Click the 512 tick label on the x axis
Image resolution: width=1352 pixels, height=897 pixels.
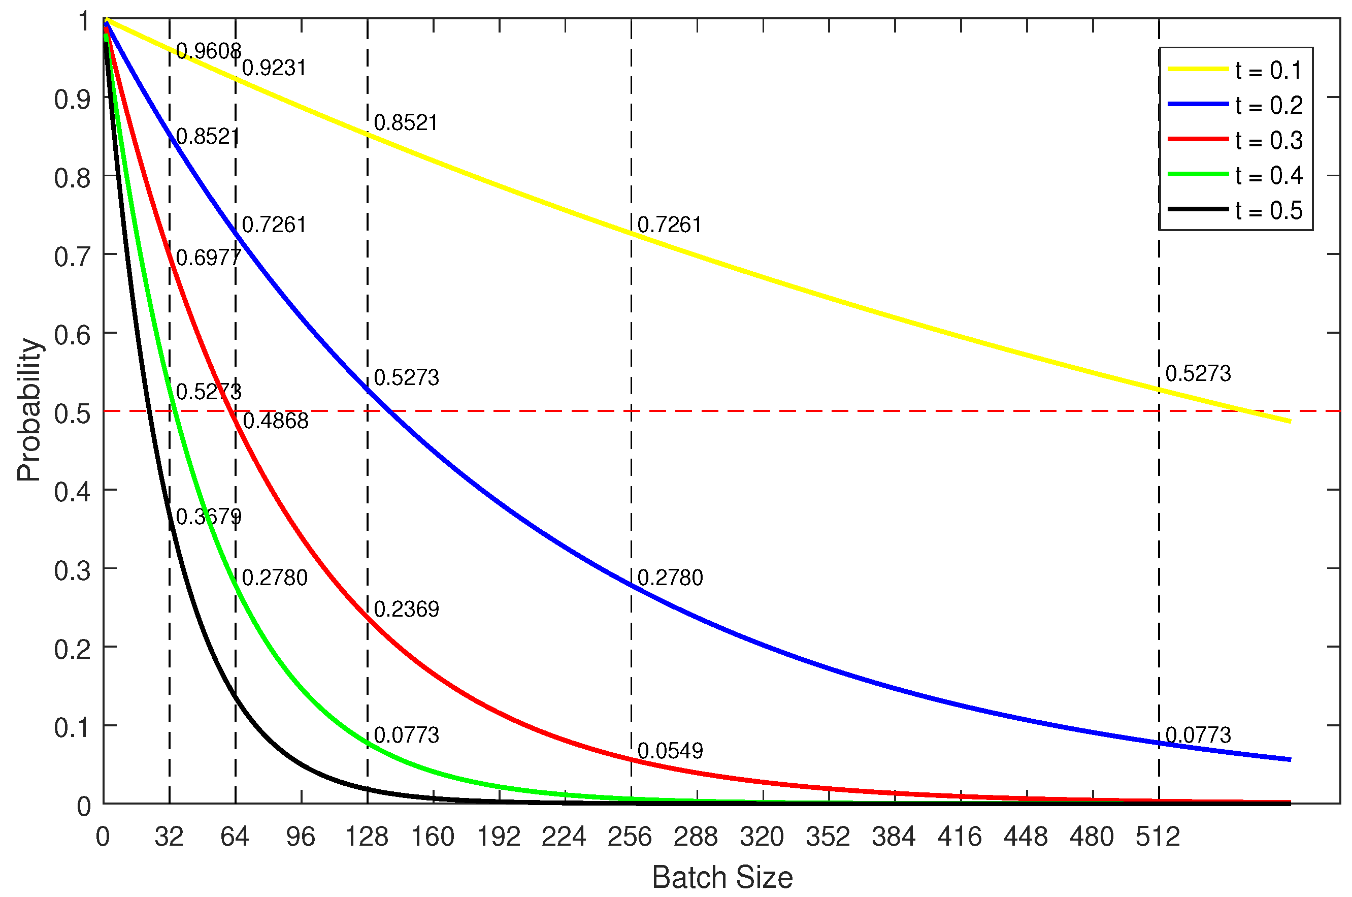(1158, 838)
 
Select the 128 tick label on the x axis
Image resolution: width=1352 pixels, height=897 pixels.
(367, 838)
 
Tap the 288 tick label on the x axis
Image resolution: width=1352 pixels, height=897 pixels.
(696, 838)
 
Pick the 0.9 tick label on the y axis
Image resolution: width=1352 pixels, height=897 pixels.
(72, 100)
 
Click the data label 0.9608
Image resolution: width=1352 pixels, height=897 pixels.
(208, 51)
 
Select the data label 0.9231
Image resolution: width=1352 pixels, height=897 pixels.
(274, 68)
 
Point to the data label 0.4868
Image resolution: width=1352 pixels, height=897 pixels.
(276, 421)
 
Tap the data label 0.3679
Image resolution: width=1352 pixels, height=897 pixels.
(208, 517)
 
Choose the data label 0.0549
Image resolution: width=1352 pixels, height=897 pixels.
(670, 751)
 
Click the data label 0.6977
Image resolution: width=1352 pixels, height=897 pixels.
(208, 258)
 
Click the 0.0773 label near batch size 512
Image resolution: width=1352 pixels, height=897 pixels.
(1198, 735)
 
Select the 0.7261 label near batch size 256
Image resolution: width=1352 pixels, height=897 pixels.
(670, 226)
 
